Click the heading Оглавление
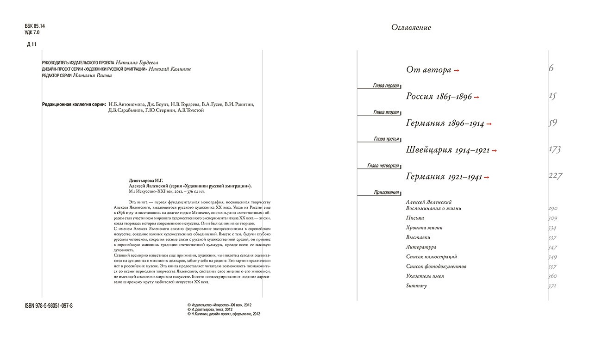tap(411, 28)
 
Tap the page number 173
tap(554, 149)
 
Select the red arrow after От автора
tap(457, 70)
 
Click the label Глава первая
tap(386, 86)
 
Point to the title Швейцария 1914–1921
tap(448, 150)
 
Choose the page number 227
tap(555, 176)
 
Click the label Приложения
tap(387, 192)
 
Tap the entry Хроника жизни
tap(424, 228)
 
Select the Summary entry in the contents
tap(416, 286)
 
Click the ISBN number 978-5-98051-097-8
tap(49, 306)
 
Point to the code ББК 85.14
tap(35, 26)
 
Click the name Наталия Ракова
tap(93, 76)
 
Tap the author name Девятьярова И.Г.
tap(146, 181)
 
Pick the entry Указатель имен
tap(425, 276)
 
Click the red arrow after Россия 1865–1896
tap(477, 97)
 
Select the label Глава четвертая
tap(383, 166)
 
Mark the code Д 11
tap(31, 44)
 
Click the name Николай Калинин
tap(170, 69)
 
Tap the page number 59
tap(552, 123)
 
